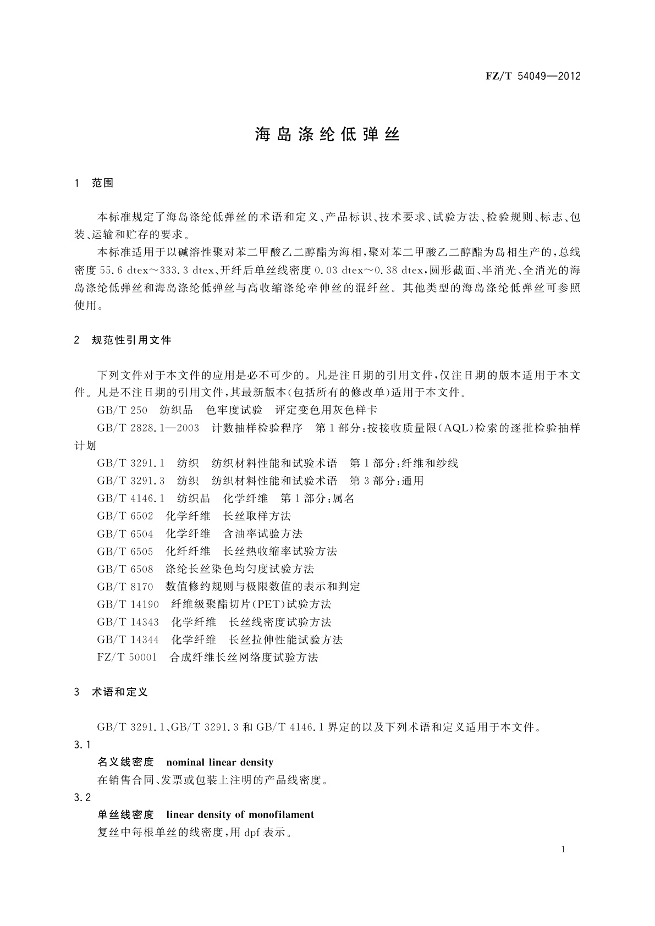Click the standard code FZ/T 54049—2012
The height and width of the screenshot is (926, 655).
pos(533,76)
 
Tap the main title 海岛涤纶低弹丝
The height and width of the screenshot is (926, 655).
pos(327,135)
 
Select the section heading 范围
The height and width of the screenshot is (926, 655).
pos(103,183)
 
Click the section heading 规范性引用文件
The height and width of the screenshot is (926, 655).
pos(132,340)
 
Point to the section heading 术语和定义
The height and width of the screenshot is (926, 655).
pos(120,692)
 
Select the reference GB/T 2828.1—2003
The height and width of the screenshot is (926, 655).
pos(148,428)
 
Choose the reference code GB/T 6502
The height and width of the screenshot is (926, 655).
pos(125,516)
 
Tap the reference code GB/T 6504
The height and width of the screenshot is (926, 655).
pos(125,533)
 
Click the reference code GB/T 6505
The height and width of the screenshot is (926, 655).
pos(125,551)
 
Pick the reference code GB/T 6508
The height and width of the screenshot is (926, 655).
pos(125,569)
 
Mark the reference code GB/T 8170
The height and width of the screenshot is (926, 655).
pos(125,586)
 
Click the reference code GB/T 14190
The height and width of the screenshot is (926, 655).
pos(128,604)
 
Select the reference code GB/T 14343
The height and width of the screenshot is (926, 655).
pos(128,622)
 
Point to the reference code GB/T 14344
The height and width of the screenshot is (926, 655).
pos(128,640)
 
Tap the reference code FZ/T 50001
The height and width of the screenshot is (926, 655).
pos(127,657)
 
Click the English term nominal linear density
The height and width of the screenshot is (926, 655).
pos(219,762)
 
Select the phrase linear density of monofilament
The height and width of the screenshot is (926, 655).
pos(240,814)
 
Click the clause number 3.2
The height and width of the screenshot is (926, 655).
pos(82,797)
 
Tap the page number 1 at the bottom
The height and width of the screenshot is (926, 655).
pos(564,850)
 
